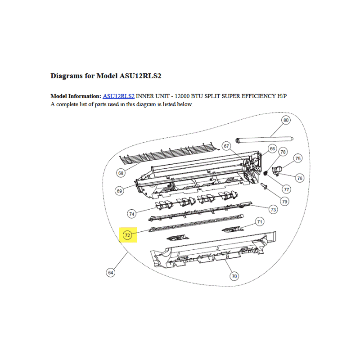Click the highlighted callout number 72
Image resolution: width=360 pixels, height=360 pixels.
(127, 235)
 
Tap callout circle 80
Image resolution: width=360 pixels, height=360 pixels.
(286, 120)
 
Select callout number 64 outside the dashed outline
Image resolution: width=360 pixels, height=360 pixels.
(110, 273)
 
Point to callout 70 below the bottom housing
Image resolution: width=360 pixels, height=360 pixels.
(234, 276)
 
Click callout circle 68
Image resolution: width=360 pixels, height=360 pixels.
(121, 173)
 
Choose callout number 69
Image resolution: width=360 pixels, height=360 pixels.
(119, 191)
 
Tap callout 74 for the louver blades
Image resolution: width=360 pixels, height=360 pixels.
(131, 214)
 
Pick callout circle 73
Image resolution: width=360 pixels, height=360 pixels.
(273, 210)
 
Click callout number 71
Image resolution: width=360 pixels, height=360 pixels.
(260, 222)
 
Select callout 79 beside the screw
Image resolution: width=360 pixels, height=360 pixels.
(285, 202)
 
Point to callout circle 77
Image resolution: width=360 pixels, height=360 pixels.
(287, 189)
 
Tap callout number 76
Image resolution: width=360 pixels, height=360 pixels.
(300, 178)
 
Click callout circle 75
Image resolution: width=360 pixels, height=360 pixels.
(298, 158)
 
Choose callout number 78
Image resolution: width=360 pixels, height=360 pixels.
(283, 152)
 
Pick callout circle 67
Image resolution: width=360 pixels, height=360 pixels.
(226, 146)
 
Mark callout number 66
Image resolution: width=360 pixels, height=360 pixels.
(272, 149)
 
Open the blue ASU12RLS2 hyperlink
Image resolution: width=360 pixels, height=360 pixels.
(118, 96)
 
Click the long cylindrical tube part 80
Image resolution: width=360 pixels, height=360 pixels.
(265, 139)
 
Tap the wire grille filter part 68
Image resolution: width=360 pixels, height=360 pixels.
(170, 153)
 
